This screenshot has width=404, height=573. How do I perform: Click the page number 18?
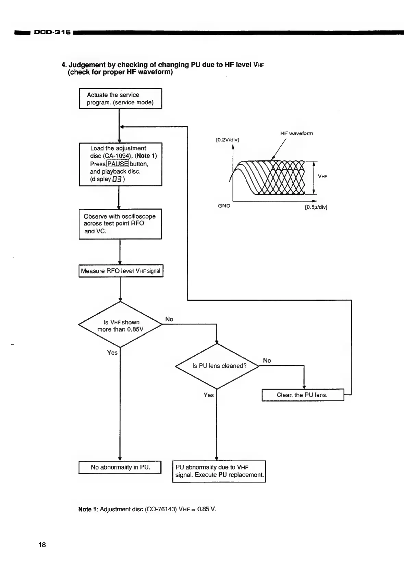[x=42, y=545]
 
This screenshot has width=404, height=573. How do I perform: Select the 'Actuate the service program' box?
[x=120, y=99]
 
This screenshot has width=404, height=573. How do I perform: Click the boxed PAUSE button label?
[x=118, y=164]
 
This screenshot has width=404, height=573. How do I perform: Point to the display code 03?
[x=117, y=179]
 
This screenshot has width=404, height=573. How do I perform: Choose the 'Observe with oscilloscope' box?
[x=120, y=224]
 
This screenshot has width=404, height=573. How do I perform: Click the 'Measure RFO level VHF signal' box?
[x=121, y=271]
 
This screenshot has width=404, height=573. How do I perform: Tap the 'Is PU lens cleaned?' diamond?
[x=217, y=366]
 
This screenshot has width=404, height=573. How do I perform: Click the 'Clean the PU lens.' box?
[x=303, y=395]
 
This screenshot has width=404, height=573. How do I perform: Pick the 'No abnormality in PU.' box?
[x=120, y=467]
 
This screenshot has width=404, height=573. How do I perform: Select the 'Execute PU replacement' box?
[x=219, y=471]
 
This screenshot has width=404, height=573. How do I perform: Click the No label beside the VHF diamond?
[x=169, y=319]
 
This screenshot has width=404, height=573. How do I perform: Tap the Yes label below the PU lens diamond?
[x=208, y=395]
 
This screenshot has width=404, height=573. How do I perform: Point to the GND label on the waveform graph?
[x=224, y=206]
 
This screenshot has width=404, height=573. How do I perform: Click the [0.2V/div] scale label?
[x=227, y=139]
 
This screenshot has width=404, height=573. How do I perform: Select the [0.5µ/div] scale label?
[x=316, y=207]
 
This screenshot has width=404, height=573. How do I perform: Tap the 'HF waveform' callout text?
[x=296, y=133]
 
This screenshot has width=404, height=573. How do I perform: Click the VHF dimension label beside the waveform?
[x=323, y=176]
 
